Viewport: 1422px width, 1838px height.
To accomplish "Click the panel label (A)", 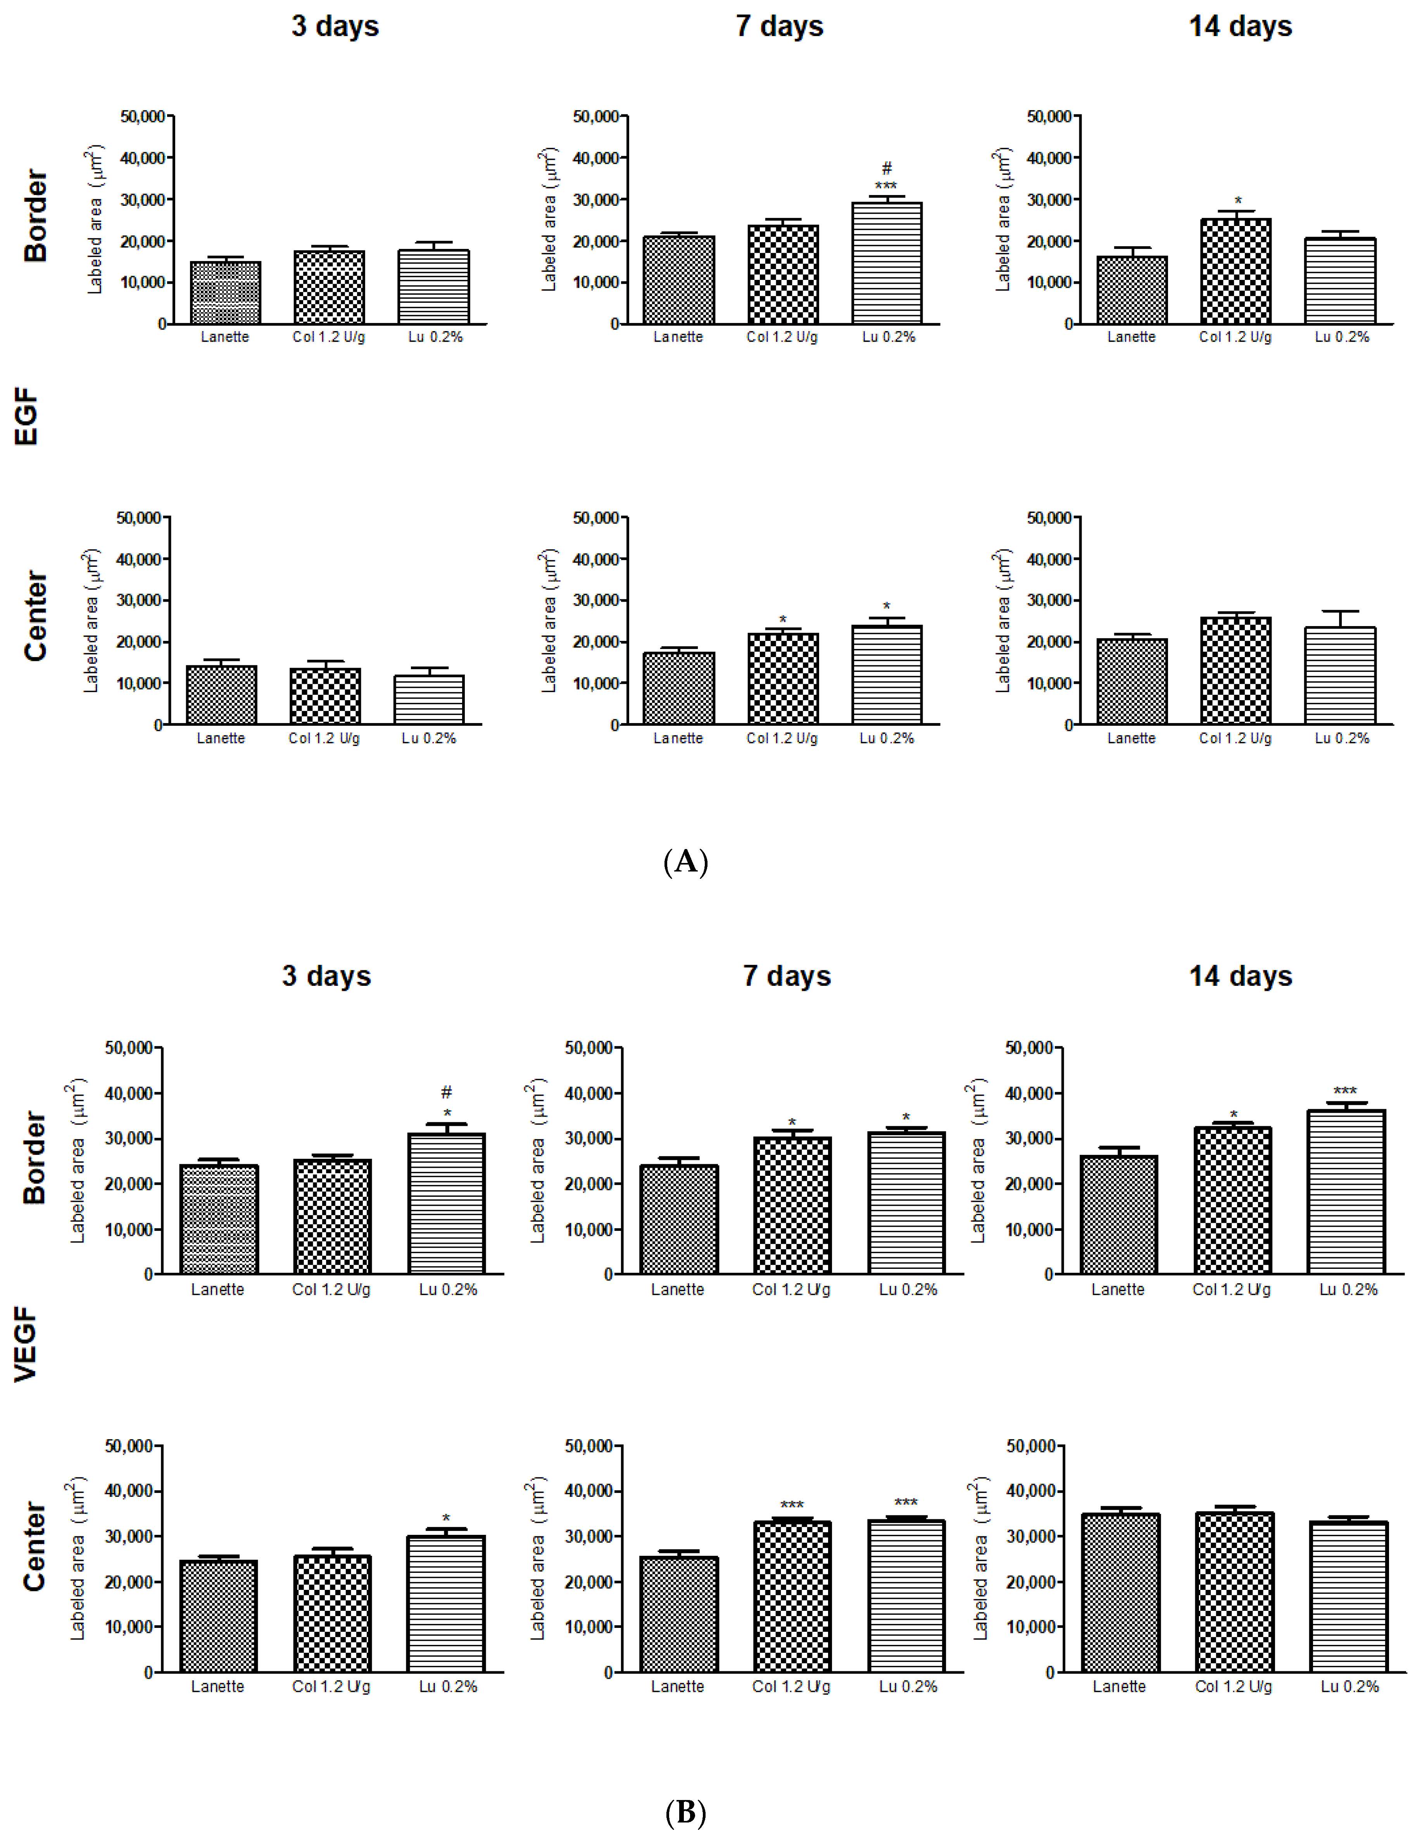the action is pyautogui.click(x=686, y=862).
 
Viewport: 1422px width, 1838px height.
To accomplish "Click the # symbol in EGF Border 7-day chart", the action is pyautogui.click(x=887, y=168).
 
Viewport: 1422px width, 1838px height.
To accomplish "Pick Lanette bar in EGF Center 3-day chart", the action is pyautogui.click(x=221, y=695).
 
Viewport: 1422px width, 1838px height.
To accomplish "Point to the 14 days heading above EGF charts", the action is pyautogui.click(x=1240, y=26).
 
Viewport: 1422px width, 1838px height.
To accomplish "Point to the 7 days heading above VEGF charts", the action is pyautogui.click(x=787, y=976).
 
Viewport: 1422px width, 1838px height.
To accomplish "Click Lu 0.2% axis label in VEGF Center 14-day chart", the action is pyautogui.click(x=1350, y=1686).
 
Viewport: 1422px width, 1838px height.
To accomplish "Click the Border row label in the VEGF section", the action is pyautogui.click(x=35, y=1158).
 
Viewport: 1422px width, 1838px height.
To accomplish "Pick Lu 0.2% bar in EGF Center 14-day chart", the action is pyautogui.click(x=1340, y=676).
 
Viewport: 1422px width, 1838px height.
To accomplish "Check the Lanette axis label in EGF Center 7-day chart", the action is pyautogui.click(x=678, y=738).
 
